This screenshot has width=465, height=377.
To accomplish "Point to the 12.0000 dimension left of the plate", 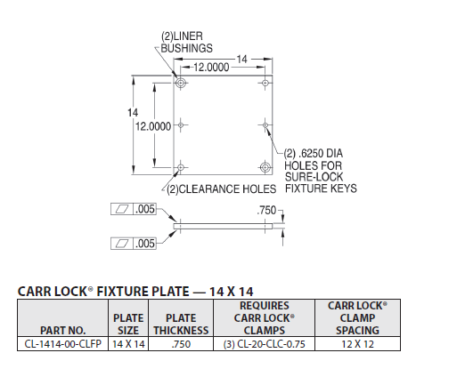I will pyautogui.click(x=152, y=127).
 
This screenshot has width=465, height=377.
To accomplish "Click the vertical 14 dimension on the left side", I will pyautogui.click(x=131, y=112).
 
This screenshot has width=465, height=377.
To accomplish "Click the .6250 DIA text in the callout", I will pyautogui.click(x=323, y=153).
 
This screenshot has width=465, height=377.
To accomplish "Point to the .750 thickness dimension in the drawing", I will pyautogui.click(x=265, y=210).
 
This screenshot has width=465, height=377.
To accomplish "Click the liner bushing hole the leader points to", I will pyautogui.click(x=182, y=84).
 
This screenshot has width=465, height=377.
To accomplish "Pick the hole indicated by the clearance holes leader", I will pyautogui.click(x=182, y=166).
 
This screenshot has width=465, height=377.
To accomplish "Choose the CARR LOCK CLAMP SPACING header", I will pyautogui.click(x=355, y=317).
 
